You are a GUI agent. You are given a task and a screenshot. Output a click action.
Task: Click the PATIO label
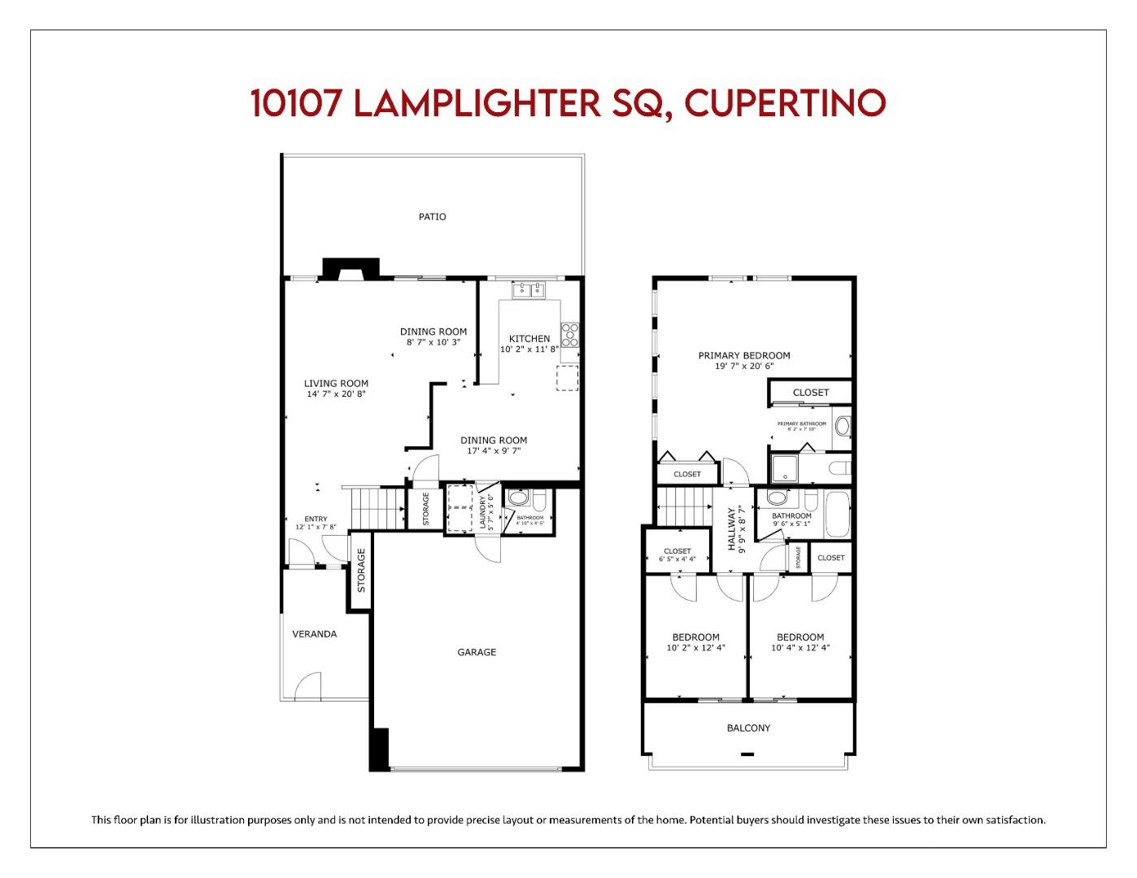click(x=432, y=217)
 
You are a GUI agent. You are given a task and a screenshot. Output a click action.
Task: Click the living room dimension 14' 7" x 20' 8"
click(x=336, y=394)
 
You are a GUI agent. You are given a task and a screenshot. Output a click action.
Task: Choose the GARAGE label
click(x=477, y=652)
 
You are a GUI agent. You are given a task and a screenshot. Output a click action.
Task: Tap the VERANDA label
click(x=315, y=634)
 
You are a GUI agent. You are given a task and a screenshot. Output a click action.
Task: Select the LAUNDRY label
click(x=482, y=514)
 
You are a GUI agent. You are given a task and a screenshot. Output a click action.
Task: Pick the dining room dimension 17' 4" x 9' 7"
click(x=494, y=450)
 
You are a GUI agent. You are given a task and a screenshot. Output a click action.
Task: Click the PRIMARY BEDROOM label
click(x=744, y=355)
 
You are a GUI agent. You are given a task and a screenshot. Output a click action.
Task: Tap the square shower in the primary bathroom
click(x=786, y=467)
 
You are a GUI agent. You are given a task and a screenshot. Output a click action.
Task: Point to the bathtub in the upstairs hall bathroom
click(x=838, y=515)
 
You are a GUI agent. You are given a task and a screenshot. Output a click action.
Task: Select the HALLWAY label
click(x=731, y=529)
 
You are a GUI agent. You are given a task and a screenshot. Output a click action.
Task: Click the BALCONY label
click(x=748, y=728)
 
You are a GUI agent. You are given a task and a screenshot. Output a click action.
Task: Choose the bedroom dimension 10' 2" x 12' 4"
click(x=695, y=648)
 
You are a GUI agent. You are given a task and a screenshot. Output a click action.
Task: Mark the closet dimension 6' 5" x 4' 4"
click(x=677, y=559)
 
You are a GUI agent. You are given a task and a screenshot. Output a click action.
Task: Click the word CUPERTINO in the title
click(x=784, y=103)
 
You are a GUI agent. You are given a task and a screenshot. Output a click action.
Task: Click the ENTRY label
click(x=316, y=519)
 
